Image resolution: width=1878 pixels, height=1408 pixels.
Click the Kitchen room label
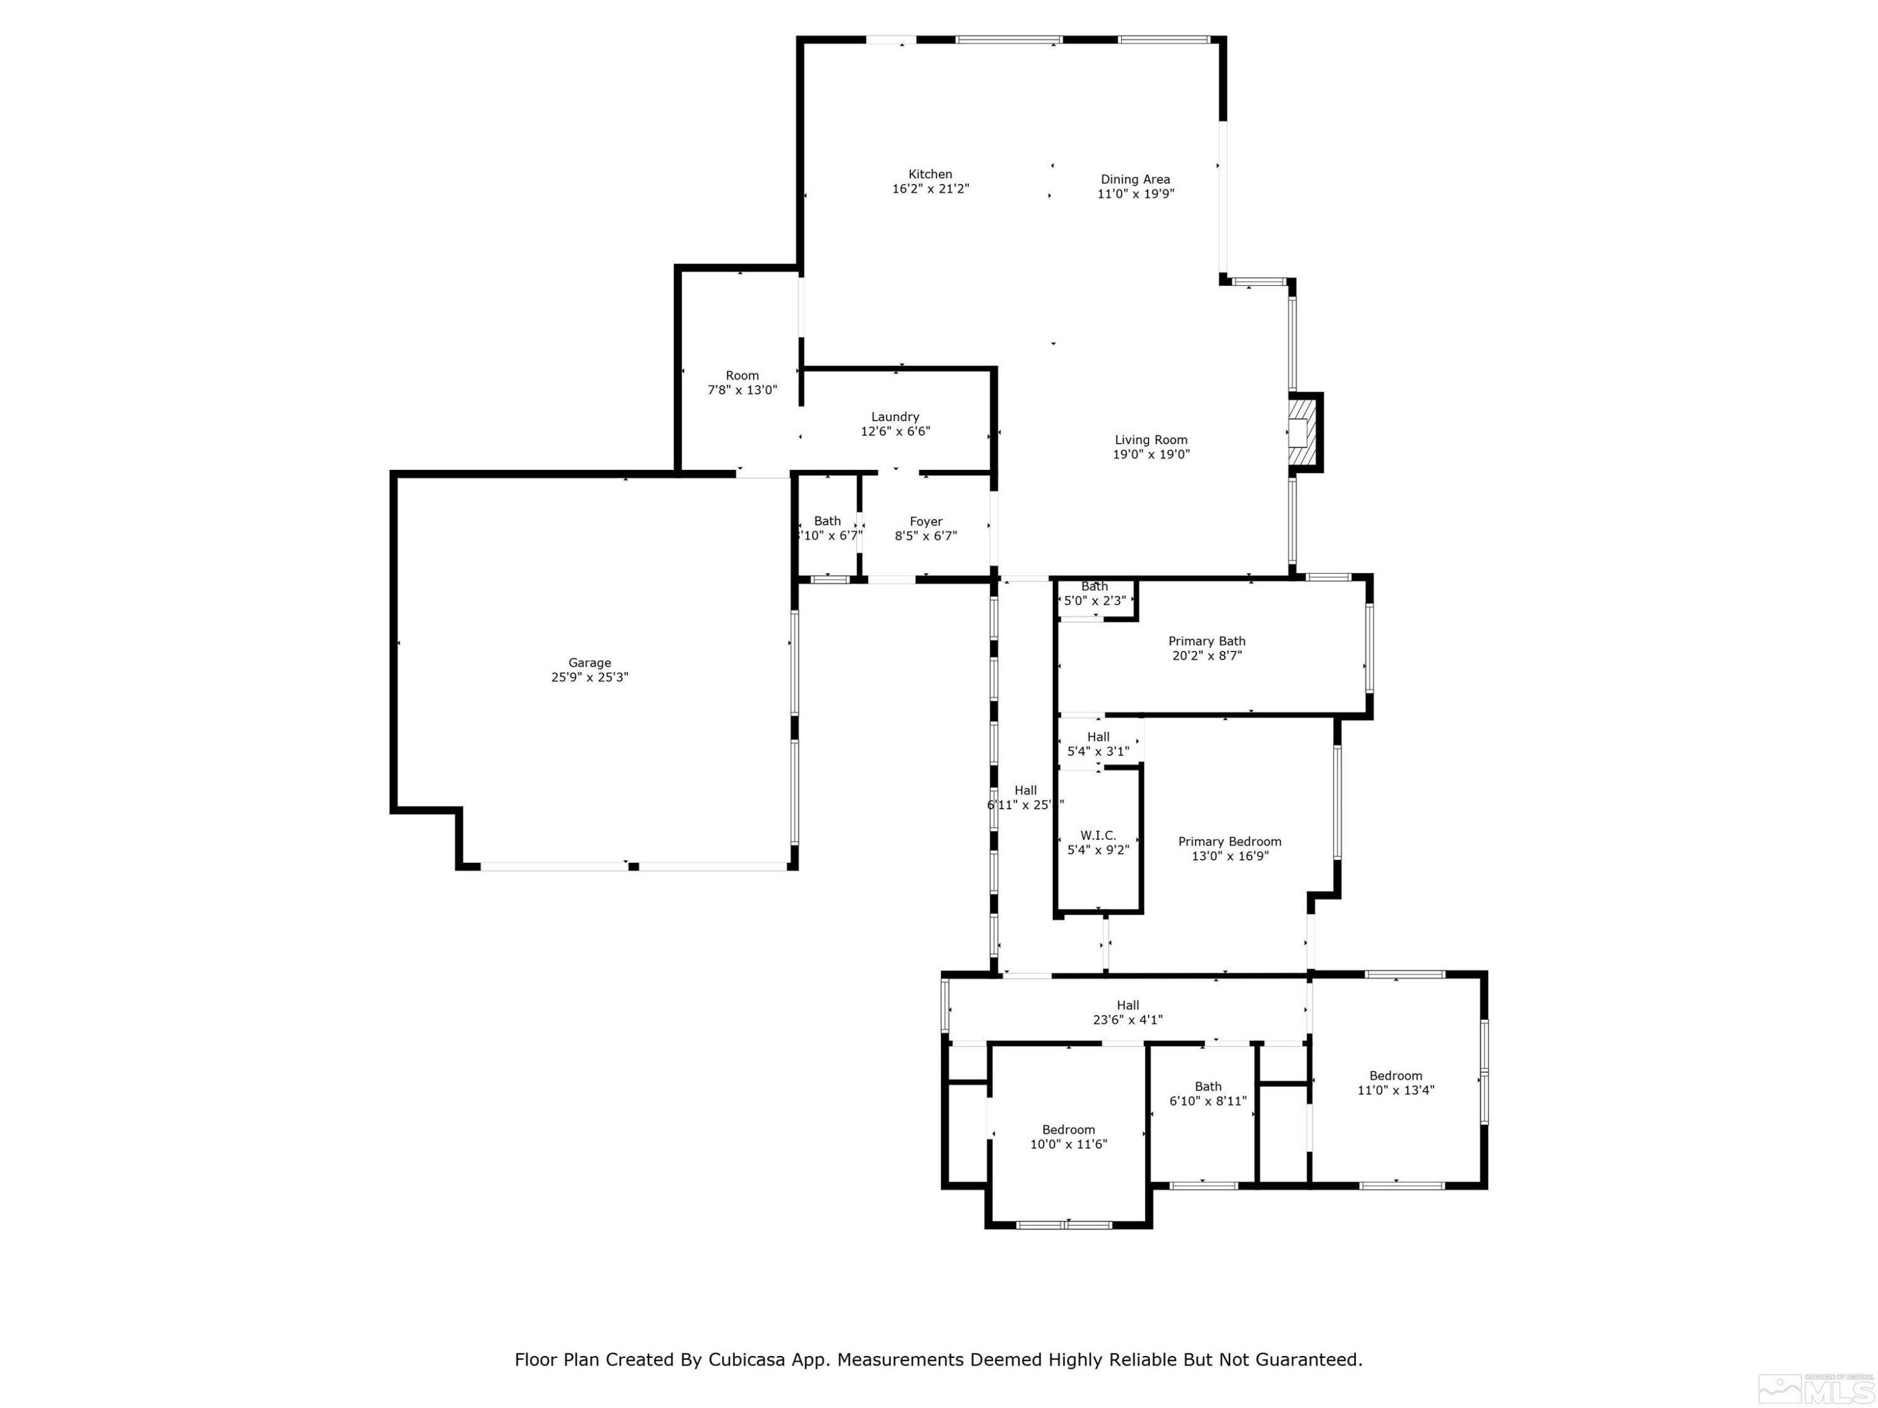point(930,174)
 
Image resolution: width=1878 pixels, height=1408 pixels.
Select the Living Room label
point(1151,440)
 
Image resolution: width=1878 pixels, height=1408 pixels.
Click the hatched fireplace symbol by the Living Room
point(1299,433)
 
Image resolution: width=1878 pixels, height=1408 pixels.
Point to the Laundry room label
point(895,417)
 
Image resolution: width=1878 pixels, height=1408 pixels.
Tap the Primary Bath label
point(1206,641)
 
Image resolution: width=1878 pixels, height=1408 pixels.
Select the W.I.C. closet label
point(1098,835)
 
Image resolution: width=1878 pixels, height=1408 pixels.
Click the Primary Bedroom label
point(1229,841)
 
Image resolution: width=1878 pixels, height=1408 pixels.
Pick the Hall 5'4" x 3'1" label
point(1098,737)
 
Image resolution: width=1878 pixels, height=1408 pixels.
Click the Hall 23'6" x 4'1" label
point(1127,1005)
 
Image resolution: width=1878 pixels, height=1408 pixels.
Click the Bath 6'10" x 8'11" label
point(1208,1086)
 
